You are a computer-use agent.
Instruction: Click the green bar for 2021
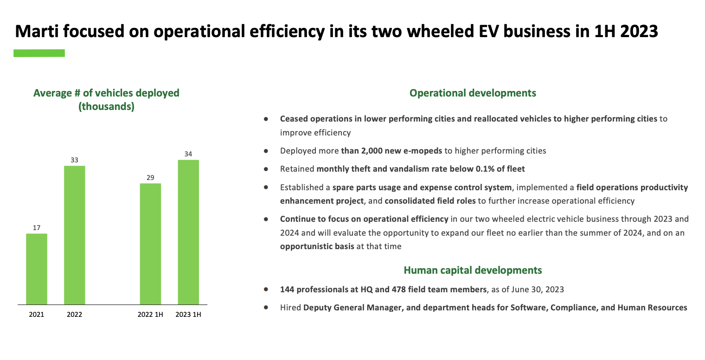(x=37, y=269)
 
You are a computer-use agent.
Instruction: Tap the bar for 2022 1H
(x=150, y=244)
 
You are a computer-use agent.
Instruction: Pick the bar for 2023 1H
(x=188, y=232)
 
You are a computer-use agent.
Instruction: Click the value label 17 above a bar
(x=37, y=228)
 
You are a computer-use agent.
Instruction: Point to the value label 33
(x=74, y=160)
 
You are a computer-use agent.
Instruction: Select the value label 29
(x=150, y=178)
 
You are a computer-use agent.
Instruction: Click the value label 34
(x=188, y=154)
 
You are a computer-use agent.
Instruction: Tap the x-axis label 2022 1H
(x=150, y=315)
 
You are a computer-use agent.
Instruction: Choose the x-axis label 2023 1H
(x=188, y=315)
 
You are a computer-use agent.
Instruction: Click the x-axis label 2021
(x=37, y=315)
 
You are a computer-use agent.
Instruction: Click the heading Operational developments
(x=472, y=93)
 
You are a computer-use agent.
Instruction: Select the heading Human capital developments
(x=472, y=270)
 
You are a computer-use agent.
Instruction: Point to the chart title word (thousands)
(x=106, y=107)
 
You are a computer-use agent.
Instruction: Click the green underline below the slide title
(x=39, y=53)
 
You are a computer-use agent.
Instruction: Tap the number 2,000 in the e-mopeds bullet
(x=369, y=151)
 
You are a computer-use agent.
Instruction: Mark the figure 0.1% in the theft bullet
(x=486, y=169)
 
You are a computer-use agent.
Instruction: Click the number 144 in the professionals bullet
(x=287, y=289)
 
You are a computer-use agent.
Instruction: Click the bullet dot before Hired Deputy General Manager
(x=266, y=308)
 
